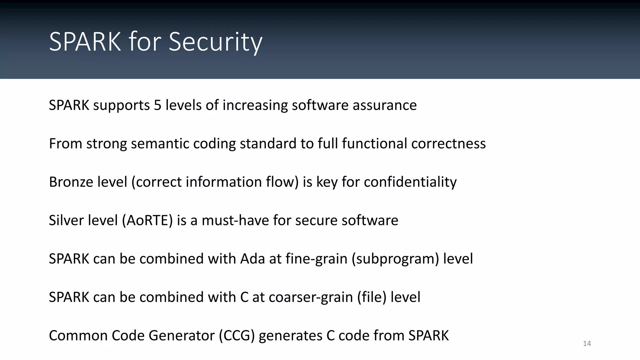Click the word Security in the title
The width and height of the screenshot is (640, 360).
pyautogui.click(x=215, y=42)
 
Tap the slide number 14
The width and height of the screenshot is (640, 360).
pyautogui.click(x=587, y=344)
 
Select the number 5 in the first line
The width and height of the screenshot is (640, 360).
pyautogui.click(x=157, y=105)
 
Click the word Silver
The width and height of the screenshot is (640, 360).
pyautogui.click(x=62, y=221)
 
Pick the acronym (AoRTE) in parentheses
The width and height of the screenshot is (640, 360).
pyautogui.click(x=147, y=221)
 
